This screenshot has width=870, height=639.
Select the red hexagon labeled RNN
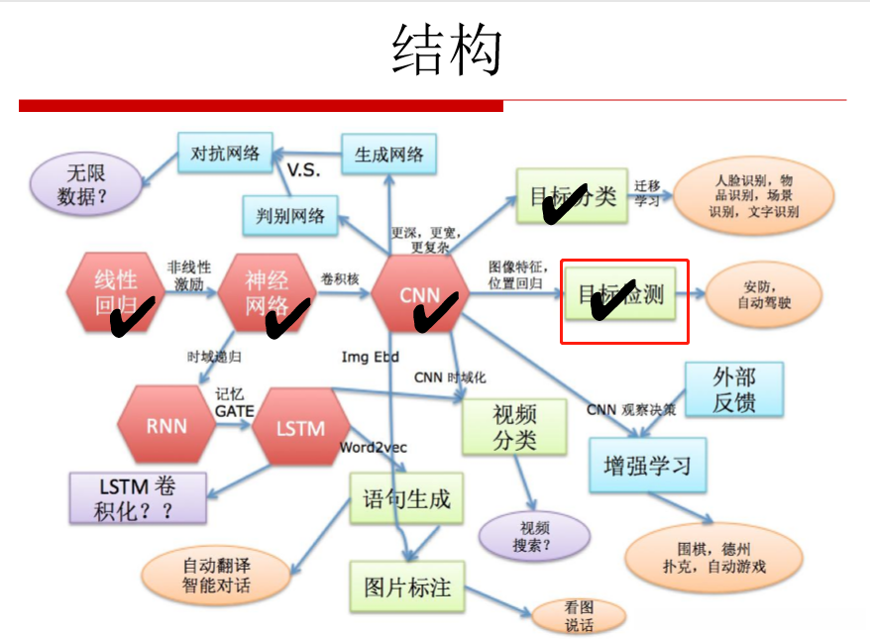(x=165, y=427)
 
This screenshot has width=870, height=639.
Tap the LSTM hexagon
(x=300, y=428)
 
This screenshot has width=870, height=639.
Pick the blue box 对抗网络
(x=225, y=154)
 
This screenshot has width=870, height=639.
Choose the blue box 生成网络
(x=388, y=155)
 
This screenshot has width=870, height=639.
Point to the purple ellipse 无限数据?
(x=86, y=184)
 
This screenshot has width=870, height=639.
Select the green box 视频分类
(x=514, y=427)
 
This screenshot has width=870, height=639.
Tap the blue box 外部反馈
(x=733, y=389)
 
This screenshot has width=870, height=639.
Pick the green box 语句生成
(x=406, y=498)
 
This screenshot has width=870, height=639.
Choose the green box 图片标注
(x=406, y=586)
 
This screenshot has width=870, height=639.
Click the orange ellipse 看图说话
(x=579, y=616)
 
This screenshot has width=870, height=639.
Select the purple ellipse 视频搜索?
(x=533, y=536)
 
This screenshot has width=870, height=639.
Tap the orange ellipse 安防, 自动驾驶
(x=764, y=294)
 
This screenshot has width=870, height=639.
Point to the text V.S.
(x=304, y=170)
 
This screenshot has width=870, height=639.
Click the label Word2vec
(x=374, y=447)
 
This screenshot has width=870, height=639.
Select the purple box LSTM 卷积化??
(x=138, y=497)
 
